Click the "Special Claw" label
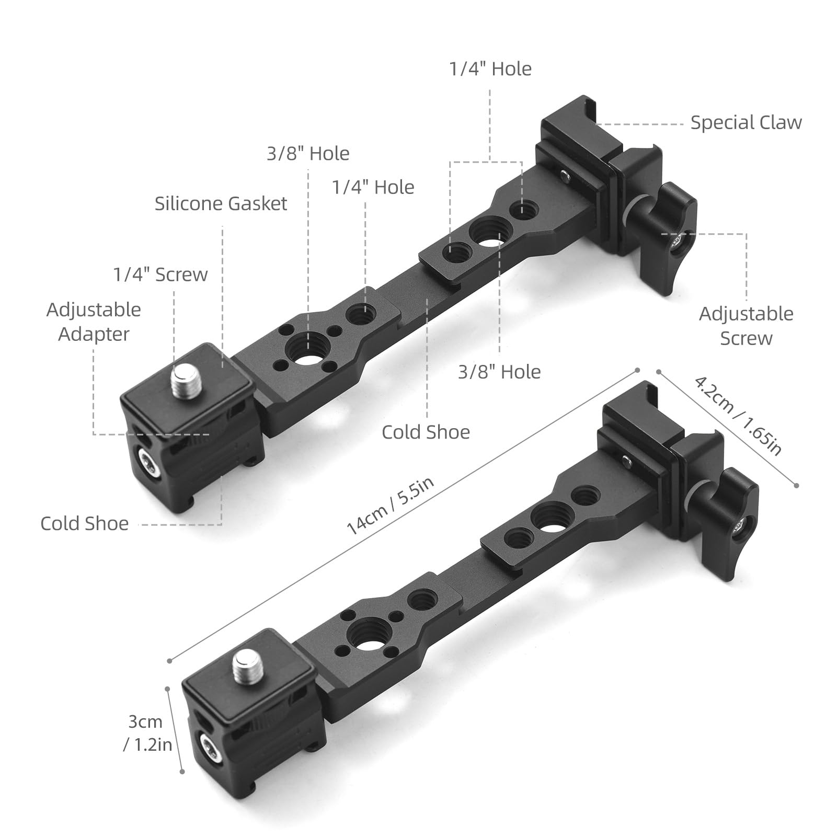pos(746,122)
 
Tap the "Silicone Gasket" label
pos(221,203)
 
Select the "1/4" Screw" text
pos(160,274)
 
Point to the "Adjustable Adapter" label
pos(94,322)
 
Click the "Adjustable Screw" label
pos(746,326)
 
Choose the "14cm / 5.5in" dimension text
pos(390,507)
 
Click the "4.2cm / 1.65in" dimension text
pos(738,415)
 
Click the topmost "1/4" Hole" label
pos(490,69)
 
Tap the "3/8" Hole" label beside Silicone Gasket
pos(308,154)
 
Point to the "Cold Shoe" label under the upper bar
pos(426,432)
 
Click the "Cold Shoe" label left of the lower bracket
pos(85,523)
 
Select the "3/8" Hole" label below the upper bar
pos(499,372)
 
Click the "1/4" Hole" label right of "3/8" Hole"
pos(373,187)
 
